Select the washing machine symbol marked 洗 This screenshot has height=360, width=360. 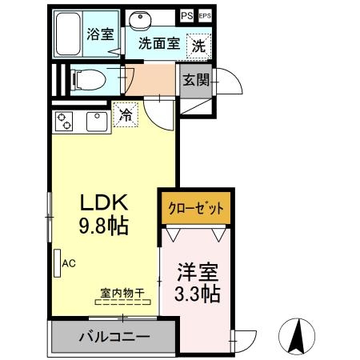click(197, 45)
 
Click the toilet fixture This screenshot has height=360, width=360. click(89, 79)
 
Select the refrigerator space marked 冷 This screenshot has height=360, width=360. click(125, 114)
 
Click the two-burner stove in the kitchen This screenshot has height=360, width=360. click(65, 122)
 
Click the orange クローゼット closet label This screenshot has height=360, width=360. click(195, 209)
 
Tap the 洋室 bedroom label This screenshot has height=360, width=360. click(197, 271)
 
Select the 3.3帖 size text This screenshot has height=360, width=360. click(197, 293)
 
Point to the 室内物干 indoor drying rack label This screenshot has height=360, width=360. click(122, 293)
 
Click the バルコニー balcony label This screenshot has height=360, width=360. click(113, 337)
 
